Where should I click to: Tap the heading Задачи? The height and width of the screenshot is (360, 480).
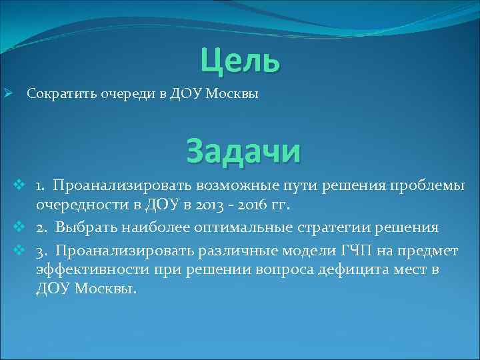[243, 150]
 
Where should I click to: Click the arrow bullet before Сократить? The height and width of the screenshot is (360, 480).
[9, 94]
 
